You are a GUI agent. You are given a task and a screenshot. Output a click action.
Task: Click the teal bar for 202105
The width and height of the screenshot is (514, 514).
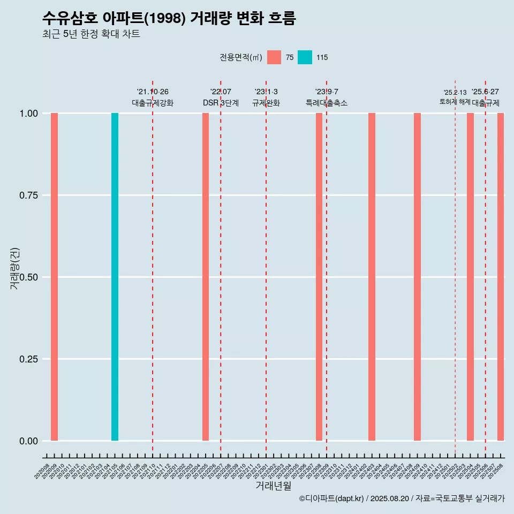click(115, 277)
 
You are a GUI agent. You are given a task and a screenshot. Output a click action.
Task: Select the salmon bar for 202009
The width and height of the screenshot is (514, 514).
click(54, 277)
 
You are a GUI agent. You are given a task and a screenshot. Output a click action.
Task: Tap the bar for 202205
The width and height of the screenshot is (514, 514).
click(206, 277)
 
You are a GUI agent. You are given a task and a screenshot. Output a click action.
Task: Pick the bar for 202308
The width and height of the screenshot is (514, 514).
click(319, 277)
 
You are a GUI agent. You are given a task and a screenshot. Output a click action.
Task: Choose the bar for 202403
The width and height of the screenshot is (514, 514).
click(372, 277)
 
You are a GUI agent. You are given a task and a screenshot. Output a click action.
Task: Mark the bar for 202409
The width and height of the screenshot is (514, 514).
click(417, 277)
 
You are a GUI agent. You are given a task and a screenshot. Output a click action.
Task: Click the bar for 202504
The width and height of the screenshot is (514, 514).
click(470, 277)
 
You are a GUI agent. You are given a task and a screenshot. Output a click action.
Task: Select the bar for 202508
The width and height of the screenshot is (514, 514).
click(501, 277)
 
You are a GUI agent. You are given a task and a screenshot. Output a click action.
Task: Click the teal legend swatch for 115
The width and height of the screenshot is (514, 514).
click(305, 57)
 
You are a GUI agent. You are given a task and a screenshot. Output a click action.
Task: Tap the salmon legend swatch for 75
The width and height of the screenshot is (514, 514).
click(274, 57)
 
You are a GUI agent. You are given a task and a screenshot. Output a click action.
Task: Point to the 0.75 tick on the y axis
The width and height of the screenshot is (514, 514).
click(28, 195)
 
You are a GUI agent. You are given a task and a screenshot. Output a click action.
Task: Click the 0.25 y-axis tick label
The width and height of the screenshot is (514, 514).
click(28, 359)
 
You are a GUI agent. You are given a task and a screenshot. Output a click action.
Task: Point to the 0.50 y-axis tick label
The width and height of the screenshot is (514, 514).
click(28, 277)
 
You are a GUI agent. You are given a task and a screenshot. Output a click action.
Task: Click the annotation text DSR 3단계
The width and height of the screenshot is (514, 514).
click(221, 103)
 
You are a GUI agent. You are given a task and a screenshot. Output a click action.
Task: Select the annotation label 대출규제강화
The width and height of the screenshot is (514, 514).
click(153, 103)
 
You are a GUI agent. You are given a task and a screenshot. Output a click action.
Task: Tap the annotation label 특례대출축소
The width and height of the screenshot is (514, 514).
click(327, 103)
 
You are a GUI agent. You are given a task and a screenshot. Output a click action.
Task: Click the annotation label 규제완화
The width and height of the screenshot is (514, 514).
click(266, 103)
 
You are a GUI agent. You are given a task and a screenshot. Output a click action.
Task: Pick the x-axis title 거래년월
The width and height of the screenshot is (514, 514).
click(274, 486)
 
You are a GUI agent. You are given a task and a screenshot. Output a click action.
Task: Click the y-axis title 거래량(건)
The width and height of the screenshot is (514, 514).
click(15, 268)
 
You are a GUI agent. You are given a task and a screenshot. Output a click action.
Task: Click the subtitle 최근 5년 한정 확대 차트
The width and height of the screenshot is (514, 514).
click(91, 34)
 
